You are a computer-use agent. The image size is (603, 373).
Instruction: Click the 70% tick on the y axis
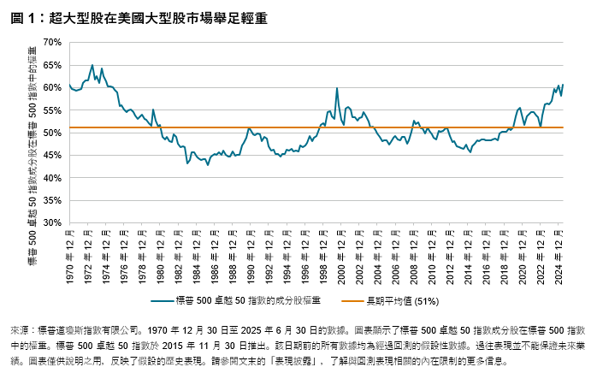(x=54, y=42)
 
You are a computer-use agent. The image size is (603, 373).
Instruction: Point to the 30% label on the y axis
(x=54, y=222)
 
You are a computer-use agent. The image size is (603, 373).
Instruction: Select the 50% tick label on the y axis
(x=54, y=133)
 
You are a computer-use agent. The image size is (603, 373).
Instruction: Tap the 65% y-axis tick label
(x=54, y=65)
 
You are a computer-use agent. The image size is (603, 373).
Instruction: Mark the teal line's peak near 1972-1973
(x=92, y=65)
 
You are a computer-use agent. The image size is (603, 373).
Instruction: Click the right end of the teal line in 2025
(x=564, y=84)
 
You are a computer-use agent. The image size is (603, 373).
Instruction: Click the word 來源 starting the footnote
(x=20, y=329)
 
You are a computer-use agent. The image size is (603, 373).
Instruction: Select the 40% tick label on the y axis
(x=54, y=178)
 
